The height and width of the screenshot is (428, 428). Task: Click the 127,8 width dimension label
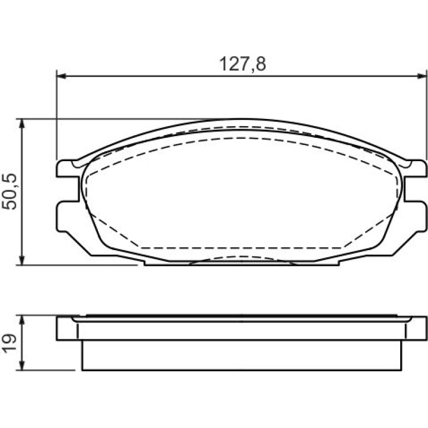[243, 64]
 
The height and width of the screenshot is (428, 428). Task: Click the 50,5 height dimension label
[9, 192]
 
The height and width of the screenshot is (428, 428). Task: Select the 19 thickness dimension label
[9, 344]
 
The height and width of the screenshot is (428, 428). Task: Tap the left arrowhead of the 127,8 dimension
[61, 77]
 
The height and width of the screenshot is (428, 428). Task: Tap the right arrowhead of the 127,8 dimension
[421, 77]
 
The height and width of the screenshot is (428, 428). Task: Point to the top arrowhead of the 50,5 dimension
[22, 124]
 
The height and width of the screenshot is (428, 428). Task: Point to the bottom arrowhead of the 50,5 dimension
[22, 260]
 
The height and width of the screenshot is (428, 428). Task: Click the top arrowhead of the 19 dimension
[22, 321]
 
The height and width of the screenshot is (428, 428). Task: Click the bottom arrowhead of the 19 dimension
[22, 365]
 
